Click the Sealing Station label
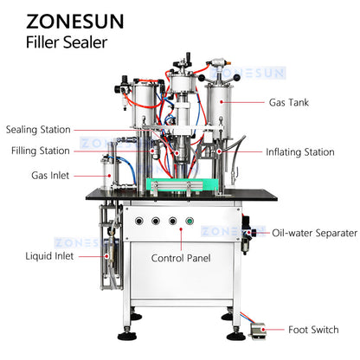(38, 130)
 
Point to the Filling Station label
(41, 151)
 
